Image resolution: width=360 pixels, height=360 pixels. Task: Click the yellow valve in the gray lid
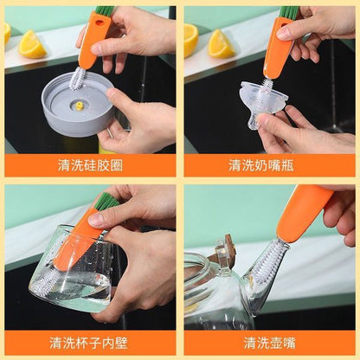click(80, 106)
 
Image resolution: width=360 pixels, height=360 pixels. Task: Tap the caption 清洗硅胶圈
click(90, 165)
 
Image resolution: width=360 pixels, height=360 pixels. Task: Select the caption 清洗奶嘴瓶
click(261, 165)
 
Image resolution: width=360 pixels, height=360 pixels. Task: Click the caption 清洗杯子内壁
click(88, 344)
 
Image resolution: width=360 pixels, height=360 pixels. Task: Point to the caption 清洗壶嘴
click(269, 344)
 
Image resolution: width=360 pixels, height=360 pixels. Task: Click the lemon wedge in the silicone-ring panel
click(32, 45)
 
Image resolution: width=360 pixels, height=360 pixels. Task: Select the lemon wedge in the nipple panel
click(221, 44)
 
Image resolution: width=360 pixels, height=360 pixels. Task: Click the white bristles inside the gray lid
click(76, 78)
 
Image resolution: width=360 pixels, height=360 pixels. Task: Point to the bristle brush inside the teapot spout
click(266, 262)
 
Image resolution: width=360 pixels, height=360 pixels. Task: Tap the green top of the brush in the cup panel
click(106, 202)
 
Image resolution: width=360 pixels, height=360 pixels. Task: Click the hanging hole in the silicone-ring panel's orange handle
click(100, 22)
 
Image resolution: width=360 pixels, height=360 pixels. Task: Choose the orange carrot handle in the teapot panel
click(303, 214)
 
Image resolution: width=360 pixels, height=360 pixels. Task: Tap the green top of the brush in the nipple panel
click(288, 13)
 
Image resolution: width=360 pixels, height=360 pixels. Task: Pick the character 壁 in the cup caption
click(121, 344)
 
